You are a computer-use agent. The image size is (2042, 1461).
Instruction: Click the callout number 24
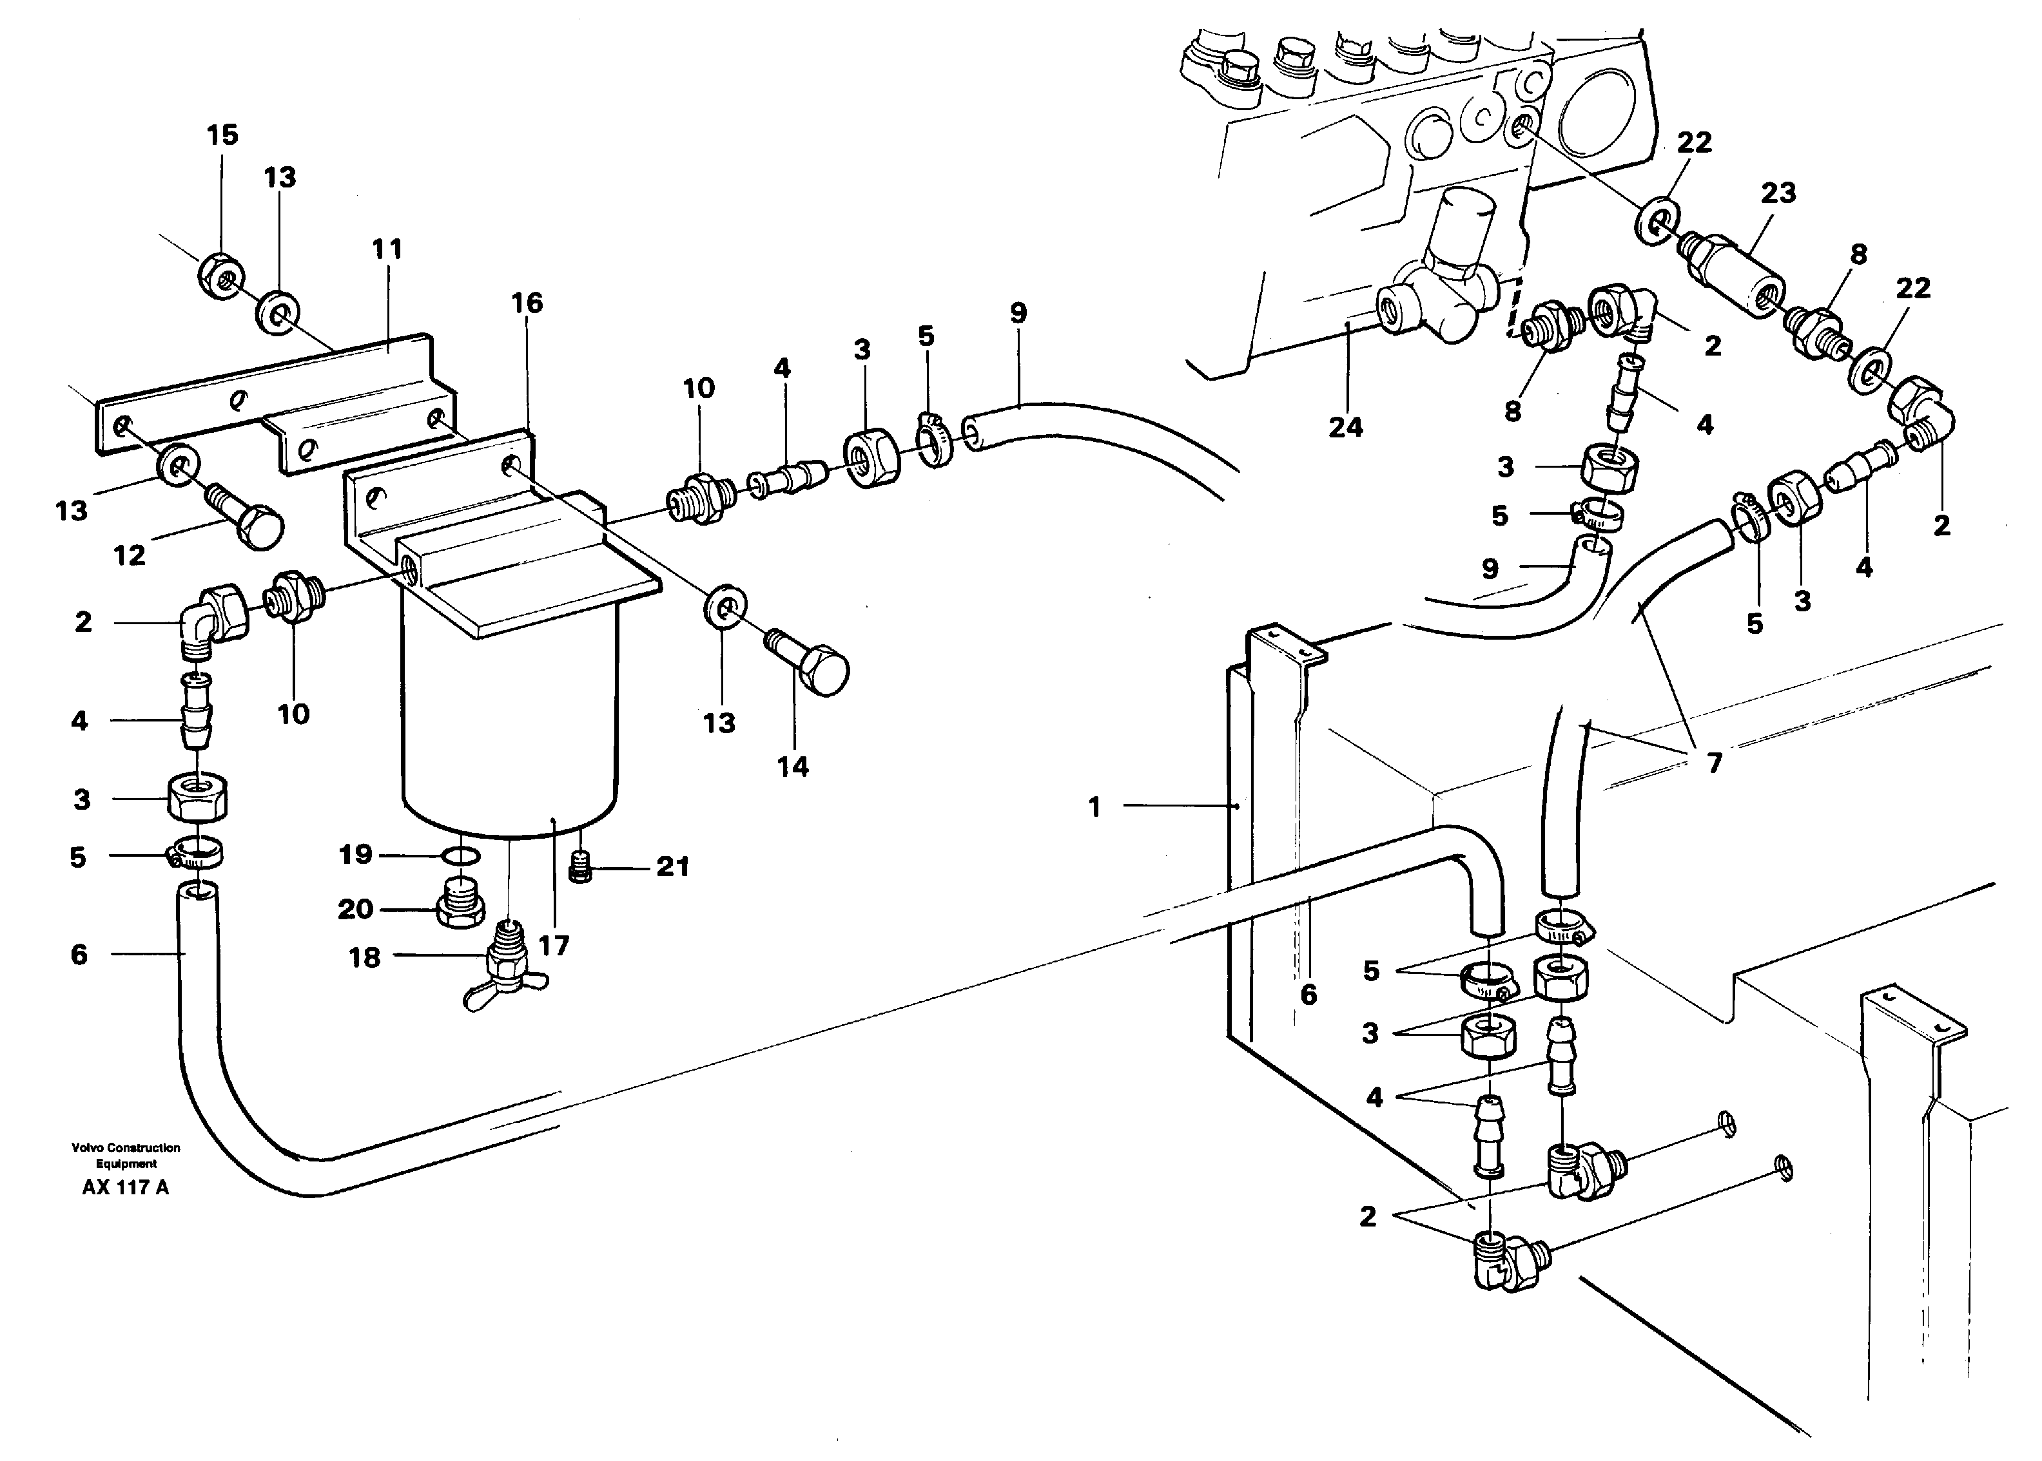1345,427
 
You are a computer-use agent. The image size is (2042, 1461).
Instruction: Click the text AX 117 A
125,1187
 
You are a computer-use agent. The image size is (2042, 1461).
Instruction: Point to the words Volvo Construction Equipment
126,1155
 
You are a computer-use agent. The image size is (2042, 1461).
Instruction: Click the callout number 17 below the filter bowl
554,946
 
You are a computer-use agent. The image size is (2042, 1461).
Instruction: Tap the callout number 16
527,303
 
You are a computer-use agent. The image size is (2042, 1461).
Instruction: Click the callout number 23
1778,193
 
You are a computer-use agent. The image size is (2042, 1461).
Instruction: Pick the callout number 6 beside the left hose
79,955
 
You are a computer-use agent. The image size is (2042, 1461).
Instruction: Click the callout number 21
672,867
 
